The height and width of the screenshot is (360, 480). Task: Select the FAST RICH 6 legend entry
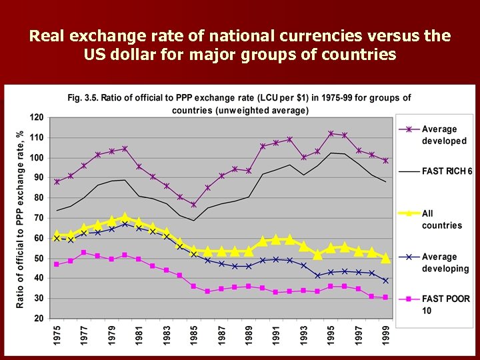coord(447,171)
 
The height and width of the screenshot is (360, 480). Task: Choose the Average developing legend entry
coord(445,263)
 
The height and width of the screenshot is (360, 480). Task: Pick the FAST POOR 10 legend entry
coord(445,305)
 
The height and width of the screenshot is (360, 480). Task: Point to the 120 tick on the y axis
coord(37,117)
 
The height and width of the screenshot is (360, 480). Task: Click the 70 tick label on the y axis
coord(39,218)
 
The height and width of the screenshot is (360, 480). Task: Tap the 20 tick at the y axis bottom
coord(39,319)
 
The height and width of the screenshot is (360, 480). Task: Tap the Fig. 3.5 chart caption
coord(239,103)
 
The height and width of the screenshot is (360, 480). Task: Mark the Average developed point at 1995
coord(331,133)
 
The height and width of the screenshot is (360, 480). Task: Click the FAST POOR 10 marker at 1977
coord(84,253)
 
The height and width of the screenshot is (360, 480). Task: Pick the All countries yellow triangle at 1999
coord(386,257)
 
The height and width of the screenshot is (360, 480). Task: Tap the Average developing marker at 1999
coord(386,281)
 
